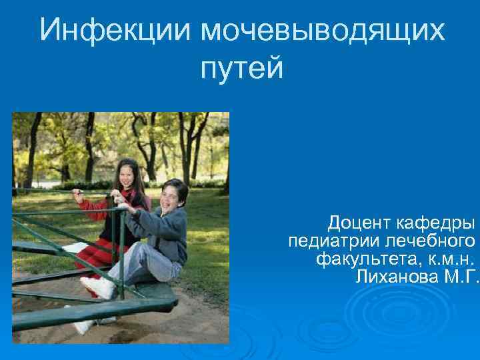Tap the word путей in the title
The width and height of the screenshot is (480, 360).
point(241,68)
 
